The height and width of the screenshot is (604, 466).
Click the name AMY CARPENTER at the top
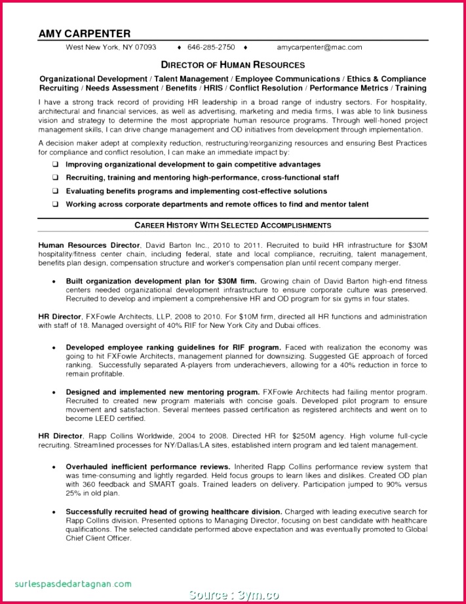(85, 33)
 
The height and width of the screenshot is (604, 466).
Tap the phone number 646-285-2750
(210, 48)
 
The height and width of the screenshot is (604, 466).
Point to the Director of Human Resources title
(233, 65)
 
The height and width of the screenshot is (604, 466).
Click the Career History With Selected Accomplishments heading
(233, 226)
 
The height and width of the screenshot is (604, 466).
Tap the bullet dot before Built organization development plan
(53, 281)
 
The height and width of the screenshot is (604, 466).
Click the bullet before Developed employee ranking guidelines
(53, 348)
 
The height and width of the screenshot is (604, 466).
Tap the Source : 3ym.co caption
(233, 595)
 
